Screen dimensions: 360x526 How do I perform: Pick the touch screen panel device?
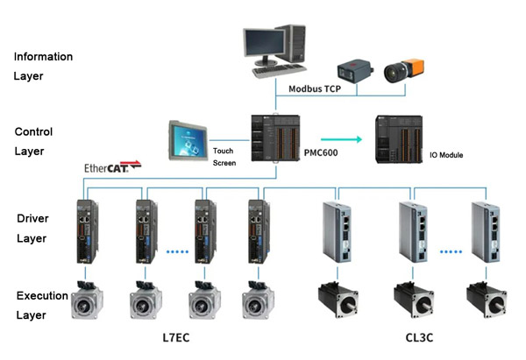tap(188, 142)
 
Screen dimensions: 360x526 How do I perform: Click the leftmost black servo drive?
tap(85, 232)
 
